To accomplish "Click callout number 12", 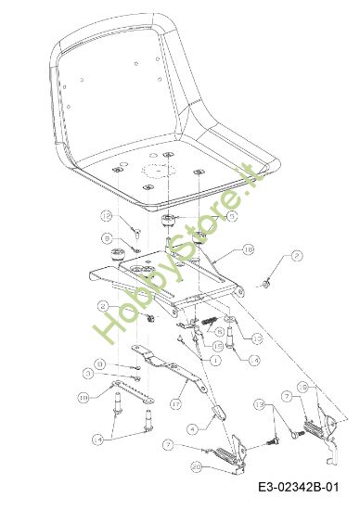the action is click(x=107, y=215).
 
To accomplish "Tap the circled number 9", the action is click(x=108, y=238).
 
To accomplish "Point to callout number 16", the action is click(x=248, y=249).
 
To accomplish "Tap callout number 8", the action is click(x=100, y=363).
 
